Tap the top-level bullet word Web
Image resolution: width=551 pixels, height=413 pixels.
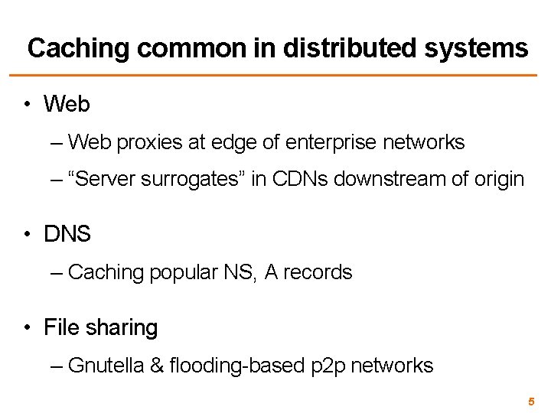click(67, 103)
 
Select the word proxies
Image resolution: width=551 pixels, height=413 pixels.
click(145, 142)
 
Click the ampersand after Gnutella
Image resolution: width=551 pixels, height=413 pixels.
click(157, 366)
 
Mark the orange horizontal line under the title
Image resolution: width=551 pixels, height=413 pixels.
click(275, 76)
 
